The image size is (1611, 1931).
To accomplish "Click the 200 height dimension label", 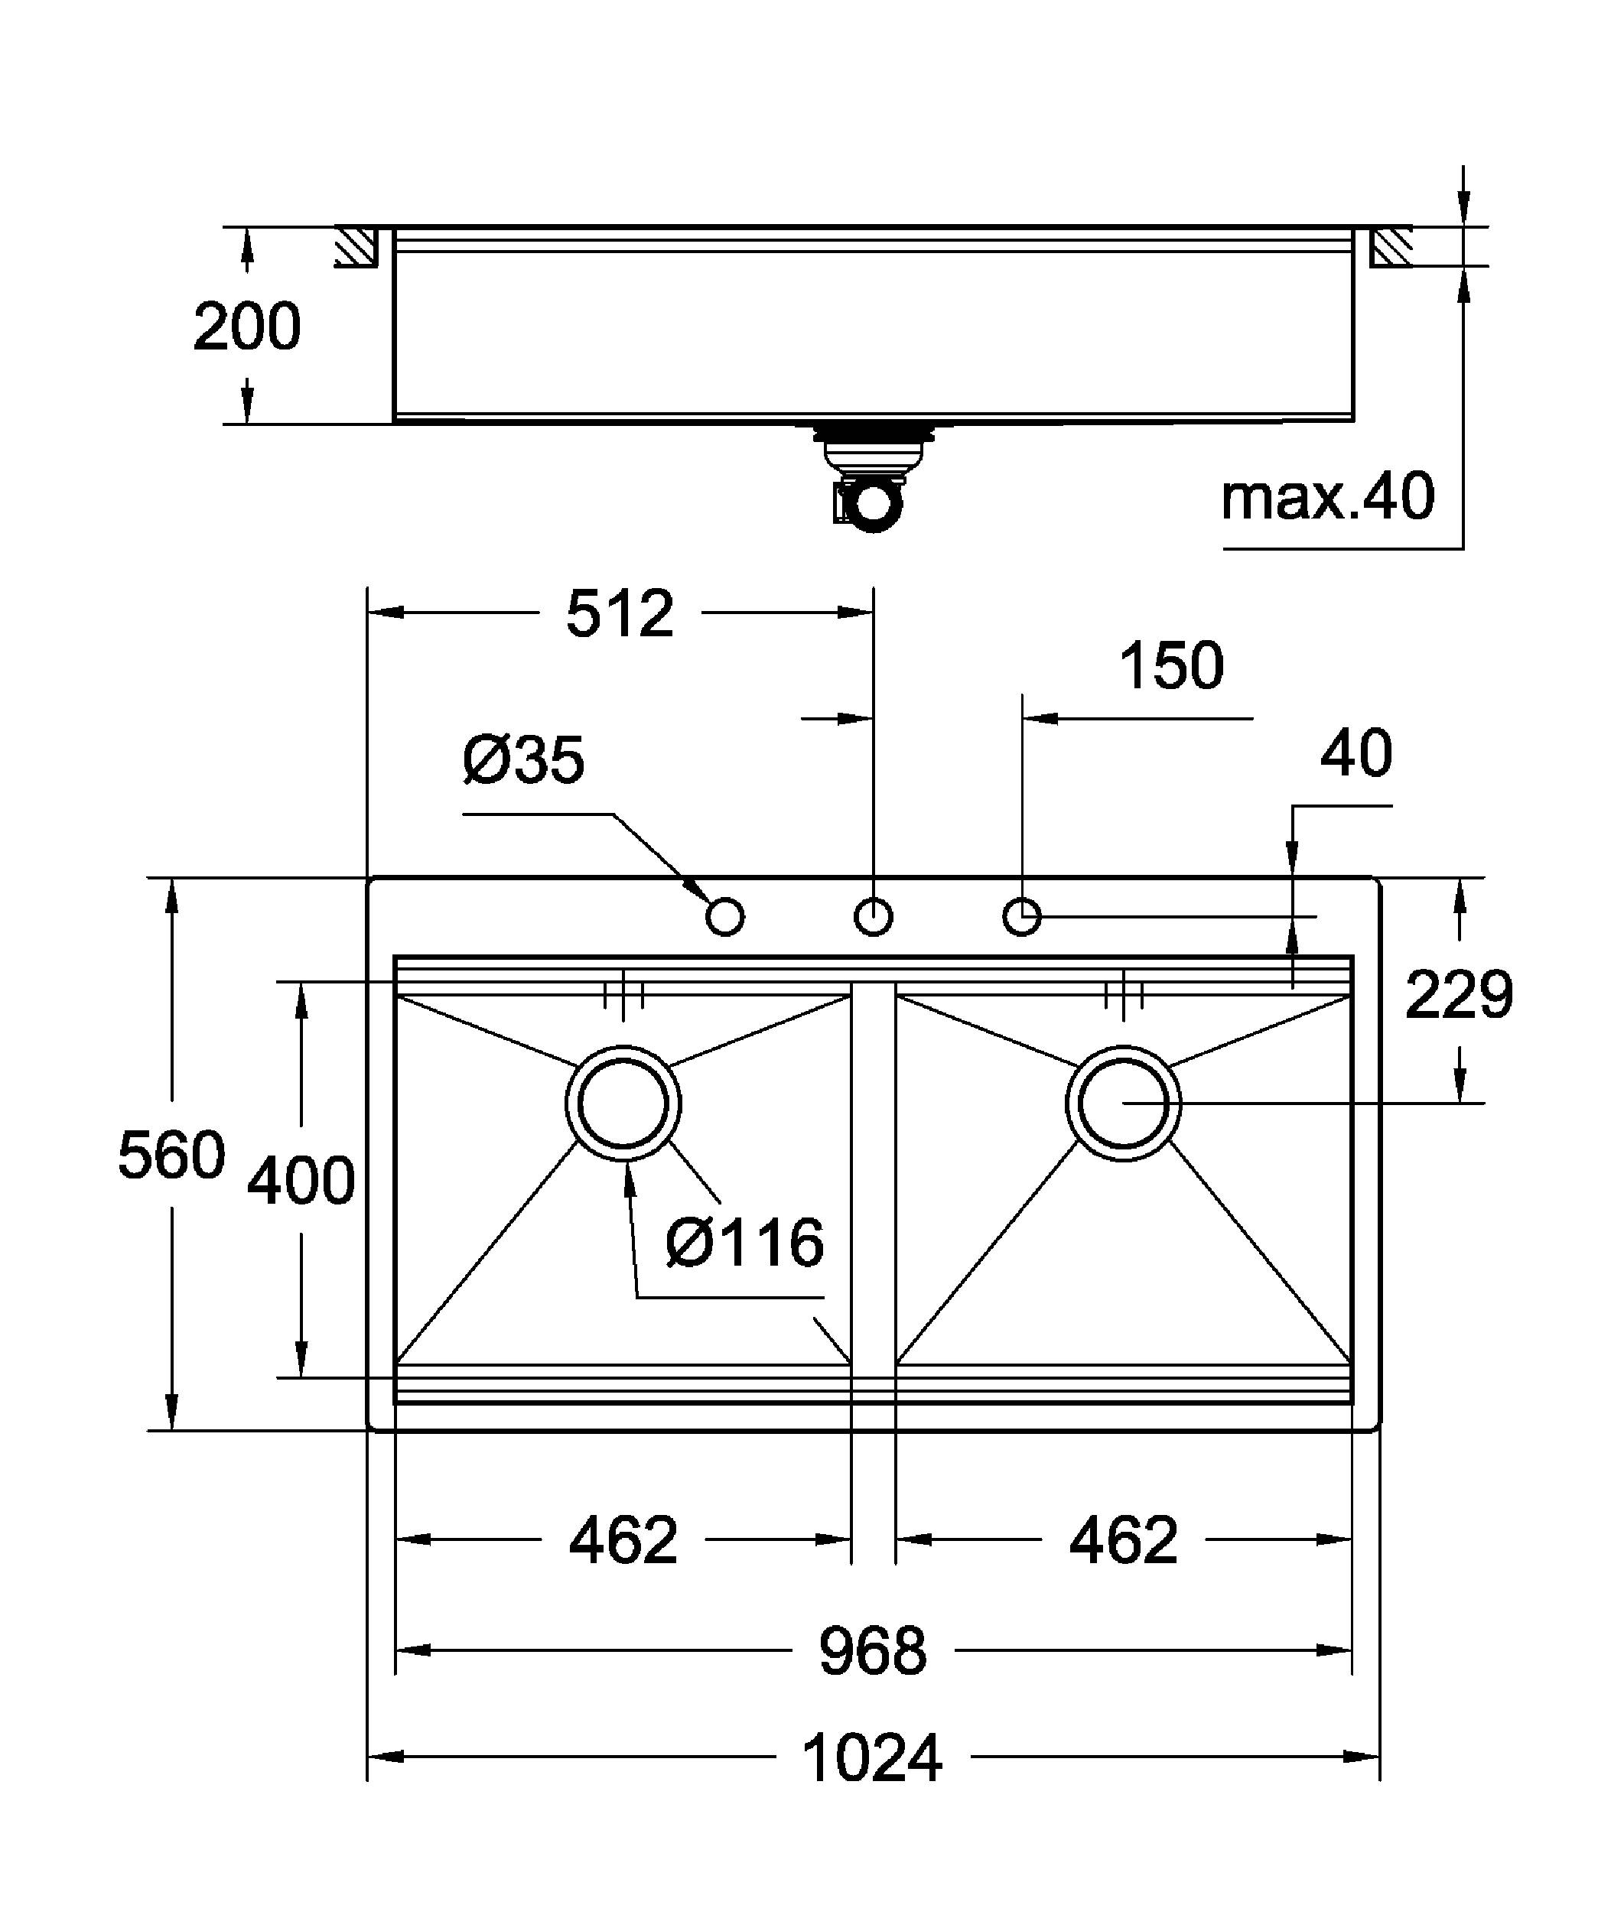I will click(x=246, y=327).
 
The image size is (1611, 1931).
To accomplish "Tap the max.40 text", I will click(x=1327, y=496).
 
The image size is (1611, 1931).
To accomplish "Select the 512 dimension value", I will click(x=620, y=614).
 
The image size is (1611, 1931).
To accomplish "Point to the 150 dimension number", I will click(x=1170, y=666).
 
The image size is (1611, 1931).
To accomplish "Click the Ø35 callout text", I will click(x=523, y=759).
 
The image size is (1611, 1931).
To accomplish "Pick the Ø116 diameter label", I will click(x=745, y=1243).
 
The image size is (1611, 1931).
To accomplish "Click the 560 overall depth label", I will click(x=171, y=1155).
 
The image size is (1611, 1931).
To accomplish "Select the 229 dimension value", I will click(x=1458, y=995).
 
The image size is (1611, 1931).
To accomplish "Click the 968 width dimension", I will click(x=873, y=1651).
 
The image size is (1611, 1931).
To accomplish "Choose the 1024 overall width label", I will click(x=872, y=1758).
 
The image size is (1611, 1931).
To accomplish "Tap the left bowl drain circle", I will click(x=623, y=1104).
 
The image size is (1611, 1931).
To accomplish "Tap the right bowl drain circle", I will click(x=1124, y=1104).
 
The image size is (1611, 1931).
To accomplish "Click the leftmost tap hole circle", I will click(x=725, y=917).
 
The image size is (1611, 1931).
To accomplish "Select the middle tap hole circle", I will click(x=874, y=917).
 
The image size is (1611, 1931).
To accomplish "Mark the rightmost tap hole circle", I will click(x=1021, y=917).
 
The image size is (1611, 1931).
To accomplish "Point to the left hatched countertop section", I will click(x=356, y=246).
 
